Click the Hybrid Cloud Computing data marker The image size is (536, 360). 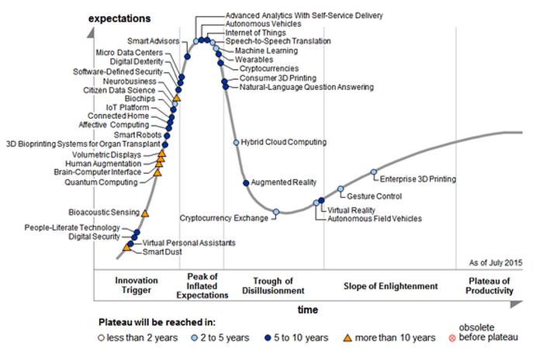coord(237,143)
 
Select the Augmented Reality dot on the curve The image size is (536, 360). coord(246,183)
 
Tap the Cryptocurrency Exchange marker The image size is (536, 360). coord(276,212)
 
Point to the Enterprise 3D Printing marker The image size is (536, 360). coord(374,172)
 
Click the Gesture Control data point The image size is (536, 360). coord(341,189)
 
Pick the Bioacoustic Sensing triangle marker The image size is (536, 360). coord(145,212)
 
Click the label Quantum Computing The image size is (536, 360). coord(101,182)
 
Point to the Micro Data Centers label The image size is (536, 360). coord(129,52)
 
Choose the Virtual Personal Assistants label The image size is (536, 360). coord(189,243)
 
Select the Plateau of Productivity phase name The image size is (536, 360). coord(491,286)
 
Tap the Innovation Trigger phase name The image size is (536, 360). coord(137,286)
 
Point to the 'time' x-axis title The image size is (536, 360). coord(308,310)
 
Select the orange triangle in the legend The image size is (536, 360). coord(348,337)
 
